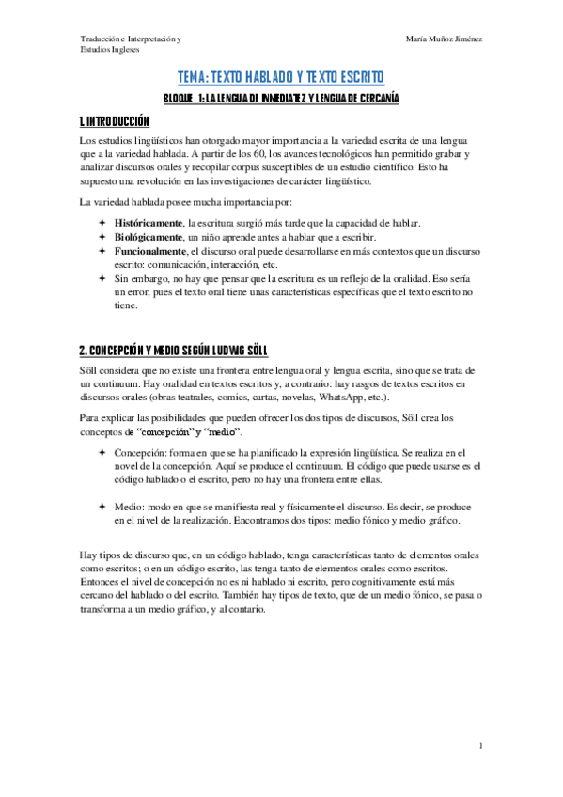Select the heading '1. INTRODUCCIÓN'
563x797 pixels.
click(115, 122)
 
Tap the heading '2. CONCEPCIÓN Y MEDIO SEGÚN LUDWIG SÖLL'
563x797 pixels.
click(174, 351)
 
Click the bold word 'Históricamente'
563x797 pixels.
click(149, 223)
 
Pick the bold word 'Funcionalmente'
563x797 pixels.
click(150, 252)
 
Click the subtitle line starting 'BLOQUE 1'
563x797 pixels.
click(281, 98)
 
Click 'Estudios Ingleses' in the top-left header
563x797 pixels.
click(109, 50)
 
